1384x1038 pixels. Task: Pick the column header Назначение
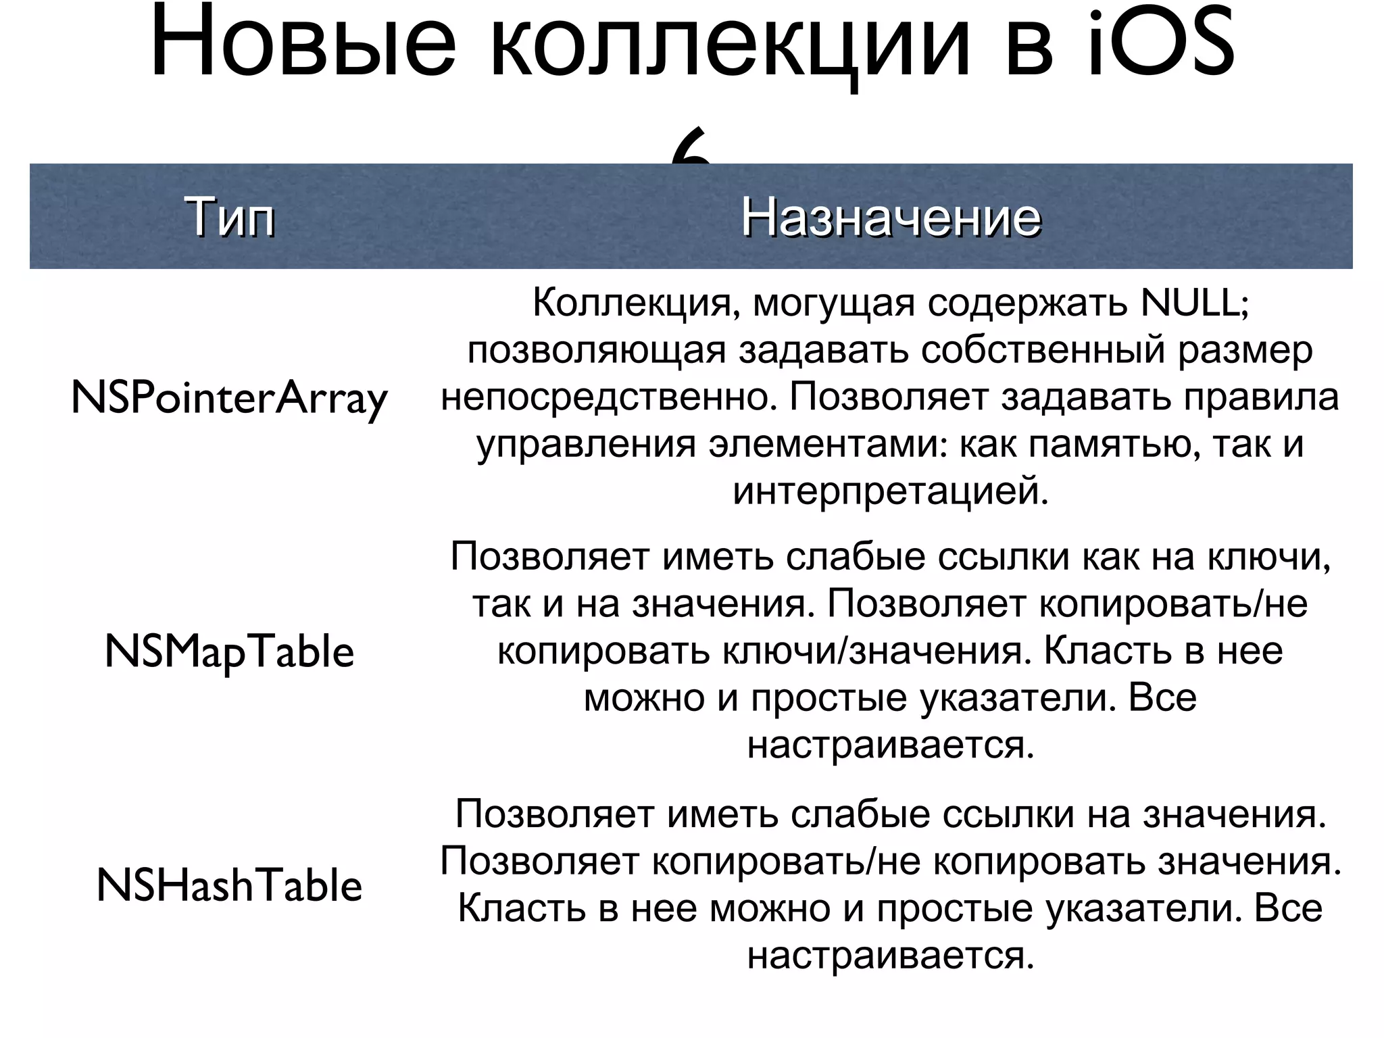click(x=891, y=218)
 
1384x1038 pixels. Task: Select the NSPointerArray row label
click(x=229, y=399)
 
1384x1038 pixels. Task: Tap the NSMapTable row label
click(x=229, y=653)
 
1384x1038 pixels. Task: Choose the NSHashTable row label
click(x=229, y=886)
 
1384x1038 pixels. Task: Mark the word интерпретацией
click(x=891, y=491)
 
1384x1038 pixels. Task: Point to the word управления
click(x=586, y=444)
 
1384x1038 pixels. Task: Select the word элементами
click(x=827, y=444)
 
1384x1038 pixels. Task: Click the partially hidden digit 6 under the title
click(x=691, y=153)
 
